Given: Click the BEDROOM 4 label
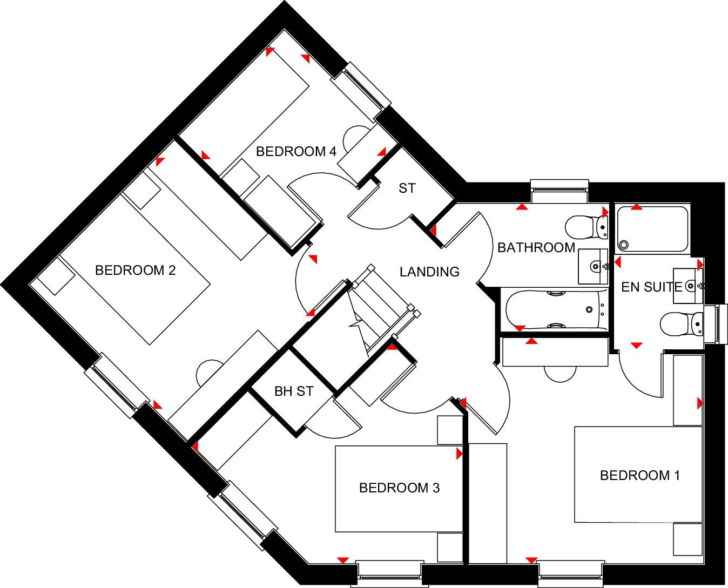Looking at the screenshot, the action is coord(296,151).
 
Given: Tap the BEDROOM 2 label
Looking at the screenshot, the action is coord(136,271).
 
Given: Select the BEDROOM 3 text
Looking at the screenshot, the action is coord(399,488).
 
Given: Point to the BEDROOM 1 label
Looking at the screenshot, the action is coord(640,476).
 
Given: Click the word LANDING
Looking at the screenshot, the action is coord(430,272).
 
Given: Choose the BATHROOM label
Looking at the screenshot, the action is coord(536,248).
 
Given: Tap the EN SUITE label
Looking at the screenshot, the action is coord(651,287).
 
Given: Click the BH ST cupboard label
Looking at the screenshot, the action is coord(294,391).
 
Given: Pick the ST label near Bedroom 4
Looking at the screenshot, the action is coord(407,188).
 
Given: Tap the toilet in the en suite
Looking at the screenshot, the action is coord(681,324).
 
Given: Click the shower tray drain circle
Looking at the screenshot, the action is coord(624,245).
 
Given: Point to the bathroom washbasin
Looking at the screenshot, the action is coord(593,267).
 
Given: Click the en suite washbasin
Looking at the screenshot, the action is coord(688,286).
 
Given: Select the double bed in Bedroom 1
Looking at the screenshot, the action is coord(638,474).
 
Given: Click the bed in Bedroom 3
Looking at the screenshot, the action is coord(399,489).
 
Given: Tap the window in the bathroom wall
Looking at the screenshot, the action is coord(560,191).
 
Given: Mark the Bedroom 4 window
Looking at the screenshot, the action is coord(361,92).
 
